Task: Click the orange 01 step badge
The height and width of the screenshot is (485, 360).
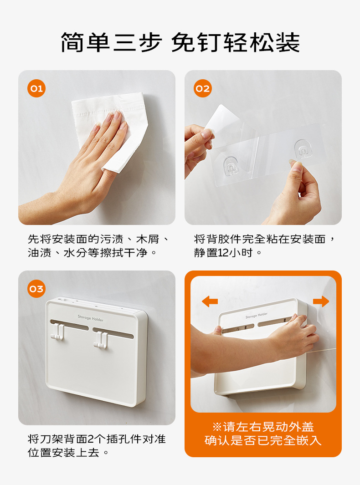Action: click(x=36, y=88)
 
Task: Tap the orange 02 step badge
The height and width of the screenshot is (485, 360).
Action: click(x=203, y=88)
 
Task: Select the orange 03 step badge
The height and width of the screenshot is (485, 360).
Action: click(x=36, y=289)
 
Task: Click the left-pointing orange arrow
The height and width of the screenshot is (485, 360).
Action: click(x=210, y=301)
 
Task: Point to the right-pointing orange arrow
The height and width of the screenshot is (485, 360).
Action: click(x=321, y=301)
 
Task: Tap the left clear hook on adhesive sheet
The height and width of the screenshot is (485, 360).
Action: click(x=231, y=165)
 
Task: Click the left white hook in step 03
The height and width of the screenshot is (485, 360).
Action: click(x=57, y=332)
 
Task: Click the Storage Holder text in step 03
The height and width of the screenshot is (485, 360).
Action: click(x=90, y=318)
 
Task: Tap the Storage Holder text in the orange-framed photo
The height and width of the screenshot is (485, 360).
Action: click(x=256, y=315)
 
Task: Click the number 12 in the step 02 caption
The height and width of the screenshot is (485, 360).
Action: click(x=223, y=253)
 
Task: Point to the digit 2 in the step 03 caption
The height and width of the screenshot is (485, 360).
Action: click(x=91, y=439)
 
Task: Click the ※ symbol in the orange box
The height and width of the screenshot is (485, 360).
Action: click(x=216, y=427)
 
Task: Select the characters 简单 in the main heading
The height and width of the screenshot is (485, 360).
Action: click(x=85, y=42)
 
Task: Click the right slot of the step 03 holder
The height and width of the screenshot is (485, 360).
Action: click(x=113, y=333)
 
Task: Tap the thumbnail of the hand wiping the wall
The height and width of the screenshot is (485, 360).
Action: click(x=97, y=148)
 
